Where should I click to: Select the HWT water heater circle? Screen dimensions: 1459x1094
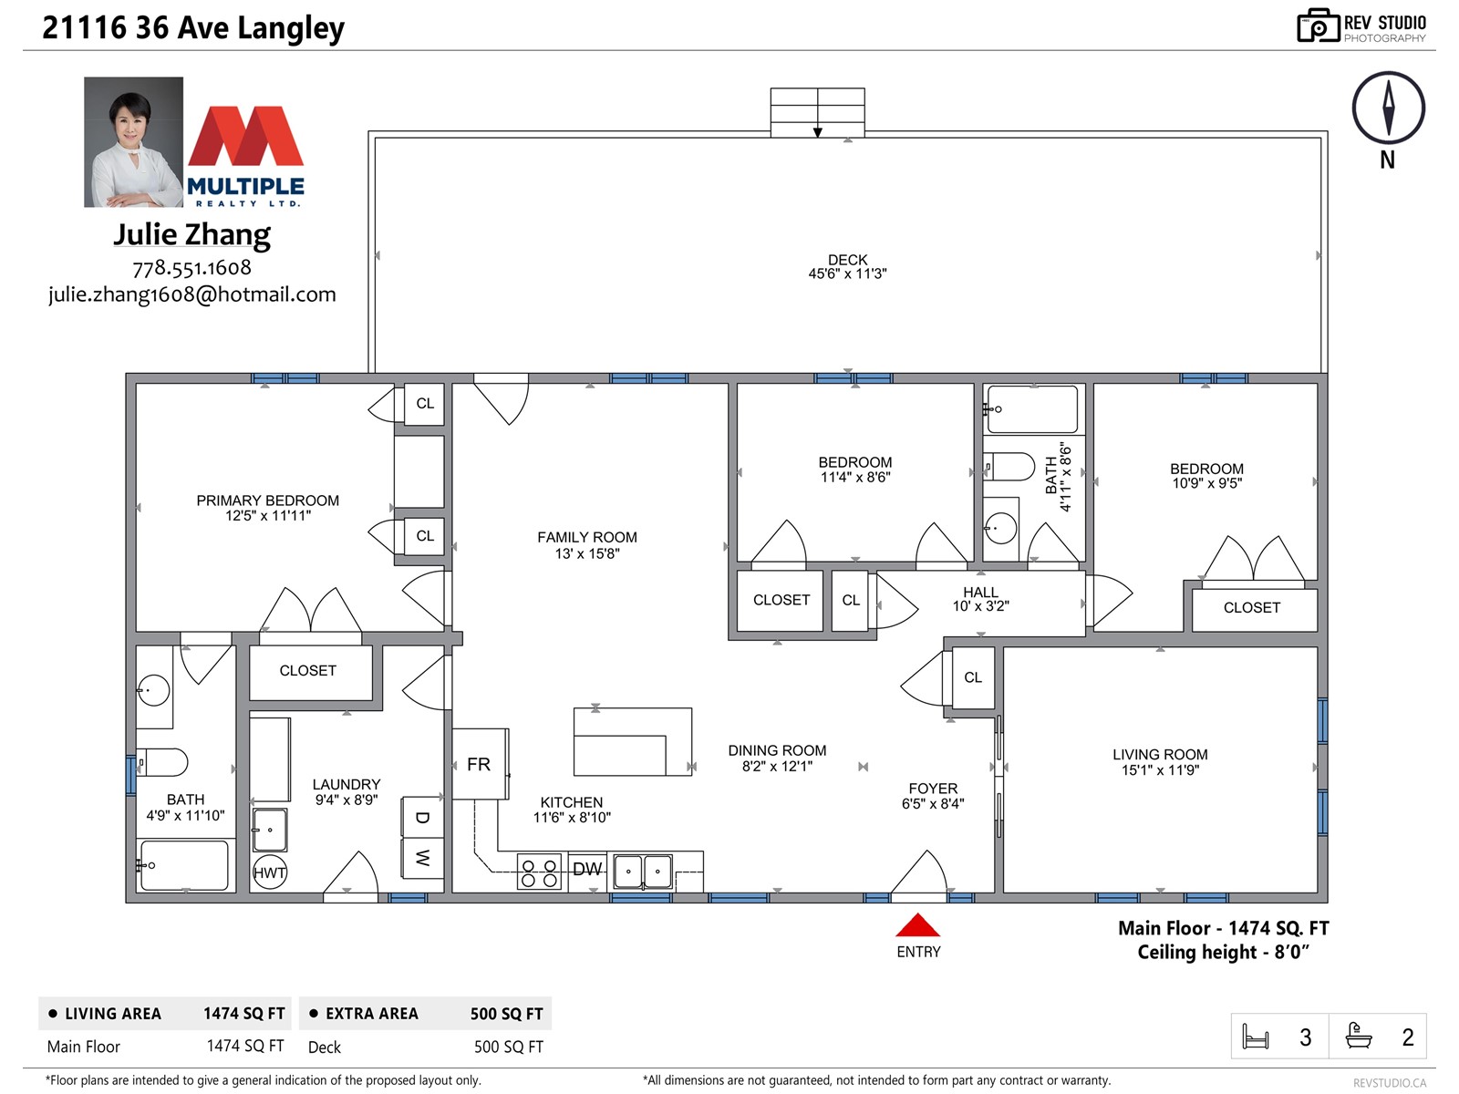(269, 872)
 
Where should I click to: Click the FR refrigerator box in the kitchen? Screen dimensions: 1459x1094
(480, 764)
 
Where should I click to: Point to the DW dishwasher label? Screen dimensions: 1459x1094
(587, 869)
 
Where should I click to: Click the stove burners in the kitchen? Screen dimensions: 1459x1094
(539, 872)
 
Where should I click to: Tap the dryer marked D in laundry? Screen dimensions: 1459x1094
(422, 817)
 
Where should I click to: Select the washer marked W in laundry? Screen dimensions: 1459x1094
(422, 858)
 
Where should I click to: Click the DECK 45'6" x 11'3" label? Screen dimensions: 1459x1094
(847, 266)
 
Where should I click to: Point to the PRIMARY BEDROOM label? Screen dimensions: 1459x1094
(267, 501)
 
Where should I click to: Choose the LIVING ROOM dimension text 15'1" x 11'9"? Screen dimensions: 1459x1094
(1160, 769)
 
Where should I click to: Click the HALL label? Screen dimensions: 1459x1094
(980, 592)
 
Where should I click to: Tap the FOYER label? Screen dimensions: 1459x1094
(933, 789)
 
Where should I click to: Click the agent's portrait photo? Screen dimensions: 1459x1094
(134, 142)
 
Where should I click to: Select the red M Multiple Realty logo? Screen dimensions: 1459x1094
(246, 136)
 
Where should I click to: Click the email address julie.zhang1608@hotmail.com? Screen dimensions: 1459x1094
(192, 294)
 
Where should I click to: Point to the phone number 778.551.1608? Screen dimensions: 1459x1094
(192, 268)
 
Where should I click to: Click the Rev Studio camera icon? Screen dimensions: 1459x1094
(1318, 26)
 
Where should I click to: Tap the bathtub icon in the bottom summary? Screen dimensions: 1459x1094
(1358, 1036)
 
